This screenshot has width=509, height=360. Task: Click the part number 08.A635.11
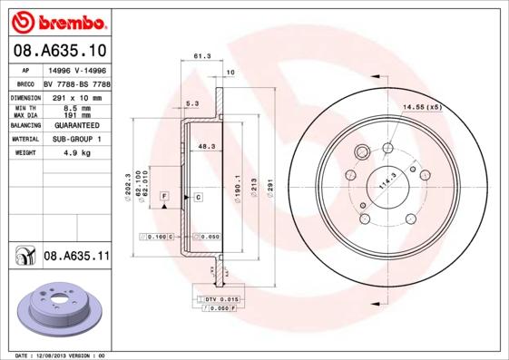click(x=76, y=257)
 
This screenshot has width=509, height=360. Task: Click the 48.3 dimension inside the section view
click(x=206, y=145)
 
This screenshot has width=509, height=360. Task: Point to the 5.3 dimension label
click(x=192, y=103)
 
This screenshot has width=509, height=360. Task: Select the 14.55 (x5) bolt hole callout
click(x=423, y=108)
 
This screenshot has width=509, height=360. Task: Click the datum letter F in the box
click(x=165, y=196)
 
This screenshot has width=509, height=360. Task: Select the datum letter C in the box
click(x=197, y=196)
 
